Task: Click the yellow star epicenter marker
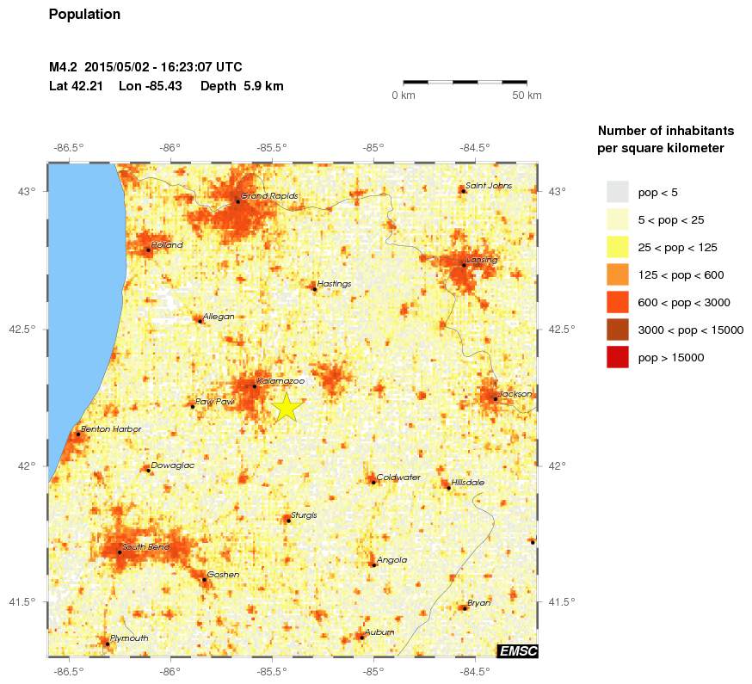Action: pos(287,407)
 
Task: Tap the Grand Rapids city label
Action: pos(269,196)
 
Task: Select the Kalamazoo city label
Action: pos(280,380)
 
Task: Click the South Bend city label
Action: pos(145,546)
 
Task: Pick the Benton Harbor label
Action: pos(110,428)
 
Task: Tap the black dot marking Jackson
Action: pos(496,398)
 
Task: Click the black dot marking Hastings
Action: pos(314,289)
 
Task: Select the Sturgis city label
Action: pos(304,515)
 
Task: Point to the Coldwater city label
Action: pos(398,478)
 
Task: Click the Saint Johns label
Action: pos(488,185)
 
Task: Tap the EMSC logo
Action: pos(518,651)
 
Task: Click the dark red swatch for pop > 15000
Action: pos(617,356)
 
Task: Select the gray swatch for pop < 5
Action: pos(617,192)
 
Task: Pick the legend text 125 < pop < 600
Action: pos(681,274)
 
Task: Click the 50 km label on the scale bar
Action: pos(527,96)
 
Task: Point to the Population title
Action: pos(84,15)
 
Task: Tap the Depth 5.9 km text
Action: pos(242,86)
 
